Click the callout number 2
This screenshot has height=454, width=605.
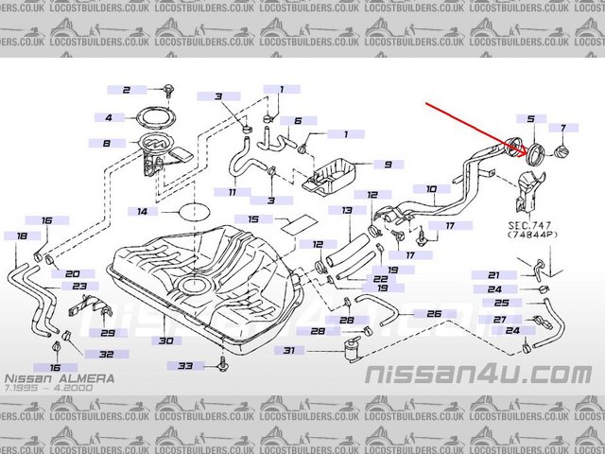tap(125, 90)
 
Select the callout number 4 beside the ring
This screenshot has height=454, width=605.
tap(108, 118)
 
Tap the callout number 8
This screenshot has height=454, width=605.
tap(107, 144)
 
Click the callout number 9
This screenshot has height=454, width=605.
tap(387, 164)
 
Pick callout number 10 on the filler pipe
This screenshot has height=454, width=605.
tap(431, 189)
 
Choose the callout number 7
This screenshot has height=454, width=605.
tap(563, 128)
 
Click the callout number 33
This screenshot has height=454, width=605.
tap(185, 365)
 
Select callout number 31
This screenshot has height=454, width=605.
tap(289, 351)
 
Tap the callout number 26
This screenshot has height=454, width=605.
tap(434, 313)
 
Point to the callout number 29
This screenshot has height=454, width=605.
tap(109, 333)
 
